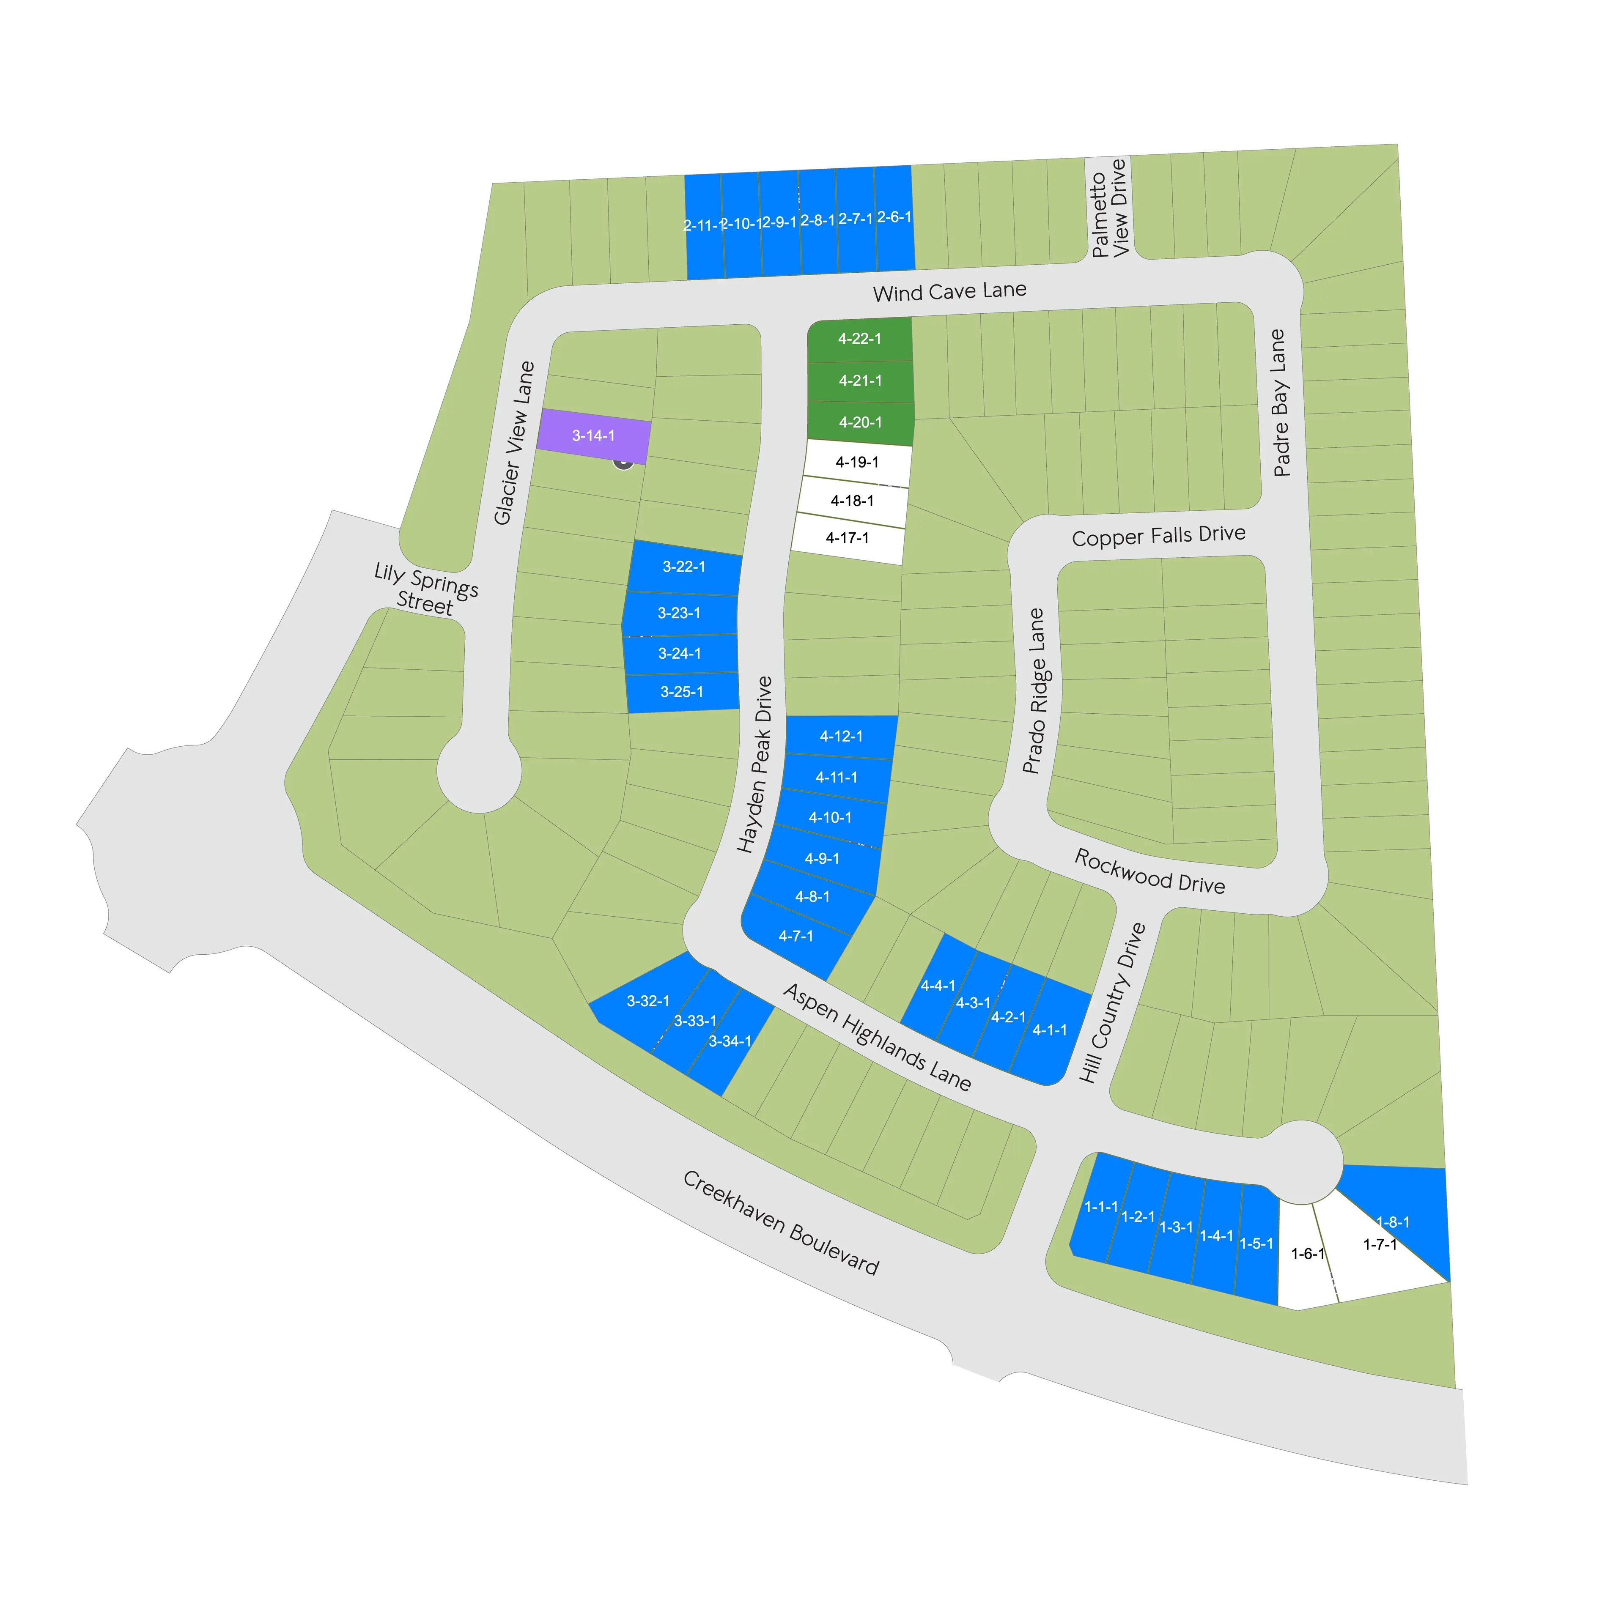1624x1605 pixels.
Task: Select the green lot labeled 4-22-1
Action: coord(859,340)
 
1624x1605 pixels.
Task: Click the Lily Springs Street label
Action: coord(425,589)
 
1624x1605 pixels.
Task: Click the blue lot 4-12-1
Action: coord(841,737)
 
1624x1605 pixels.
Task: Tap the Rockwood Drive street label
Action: coord(1149,871)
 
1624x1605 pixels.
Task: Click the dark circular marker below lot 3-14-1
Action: coord(623,461)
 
